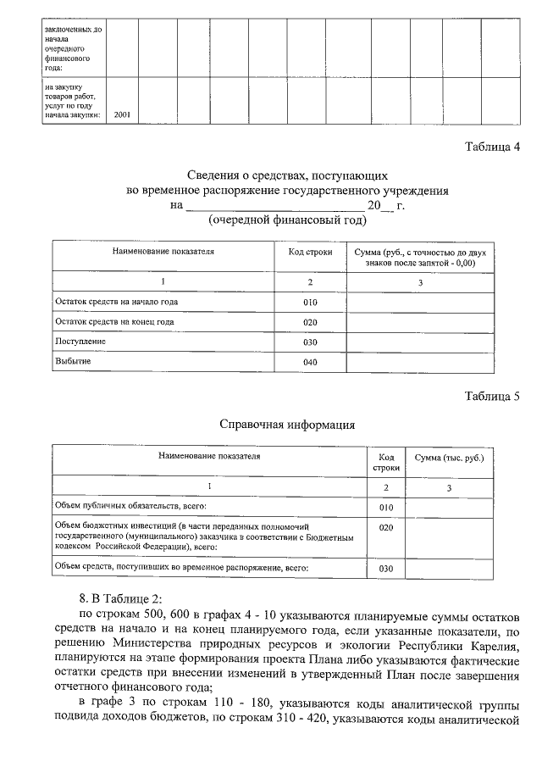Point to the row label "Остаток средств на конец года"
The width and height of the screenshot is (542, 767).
114,322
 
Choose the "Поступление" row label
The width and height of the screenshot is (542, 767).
80,342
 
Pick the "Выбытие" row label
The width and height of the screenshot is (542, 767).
74,362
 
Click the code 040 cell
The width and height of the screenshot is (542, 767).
310,364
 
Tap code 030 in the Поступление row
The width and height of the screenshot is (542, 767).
310,343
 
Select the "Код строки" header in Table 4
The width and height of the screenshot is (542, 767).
310,252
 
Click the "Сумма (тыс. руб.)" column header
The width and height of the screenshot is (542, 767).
450,458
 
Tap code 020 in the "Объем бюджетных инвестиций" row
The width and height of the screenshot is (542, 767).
386,527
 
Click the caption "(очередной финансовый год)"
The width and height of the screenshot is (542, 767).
287,220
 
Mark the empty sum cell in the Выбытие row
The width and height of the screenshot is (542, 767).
420,363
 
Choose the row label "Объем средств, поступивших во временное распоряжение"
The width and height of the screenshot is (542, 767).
181,566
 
